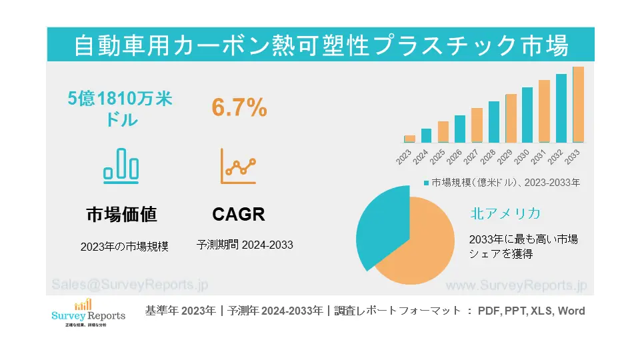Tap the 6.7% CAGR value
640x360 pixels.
click(239, 107)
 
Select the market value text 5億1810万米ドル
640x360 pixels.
click(121, 109)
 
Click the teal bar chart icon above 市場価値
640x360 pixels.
click(121, 165)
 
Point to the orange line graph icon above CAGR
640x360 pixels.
click(239, 166)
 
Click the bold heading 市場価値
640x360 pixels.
click(121, 214)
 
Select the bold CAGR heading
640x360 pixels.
click(239, 214)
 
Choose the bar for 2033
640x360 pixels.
click(578, 105)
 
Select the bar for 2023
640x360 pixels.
click(409, 139)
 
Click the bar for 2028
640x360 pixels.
click(493, 122)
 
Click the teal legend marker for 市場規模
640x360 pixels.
click(427, 182)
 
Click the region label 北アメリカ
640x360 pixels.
click(505, 213)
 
